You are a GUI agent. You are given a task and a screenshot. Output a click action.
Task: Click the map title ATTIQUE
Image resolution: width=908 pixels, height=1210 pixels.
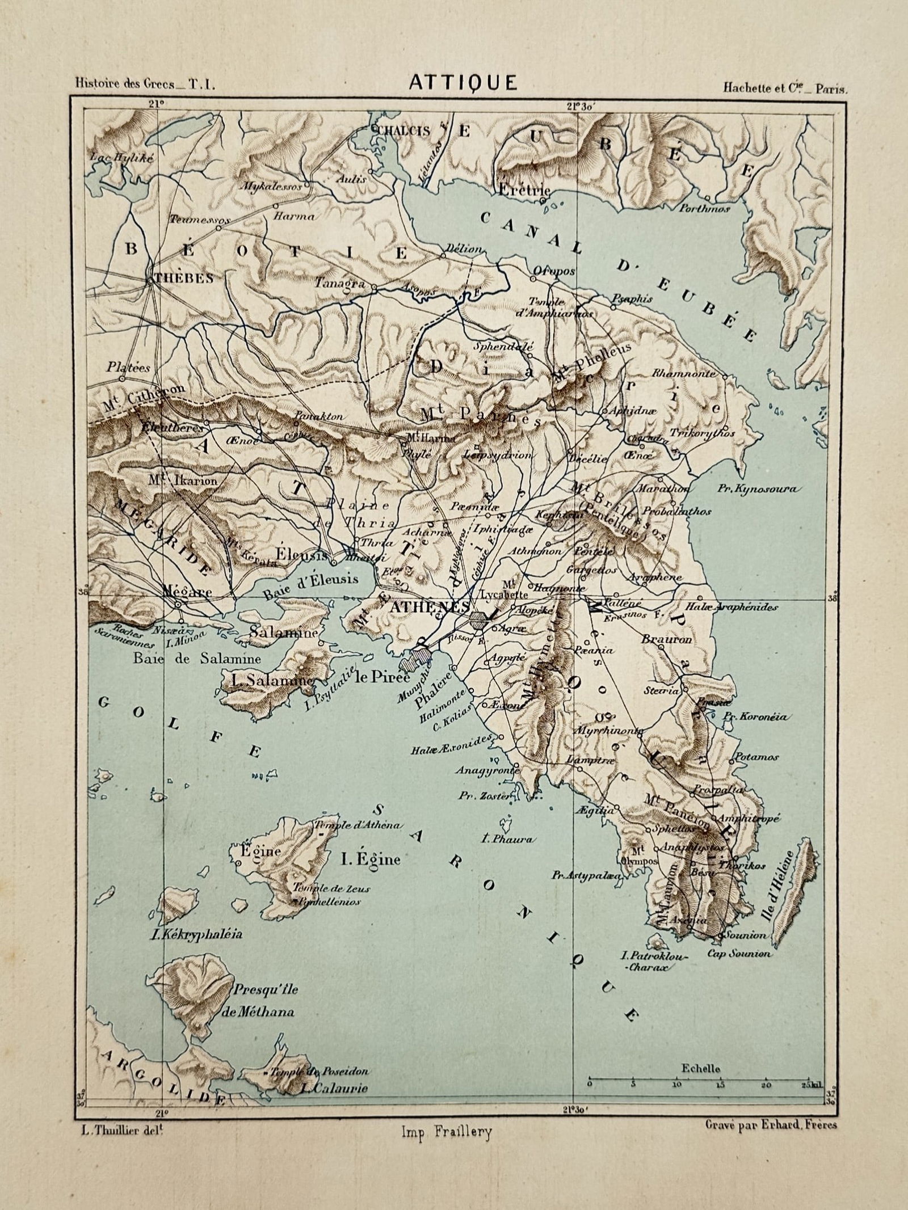(x=463, y=83)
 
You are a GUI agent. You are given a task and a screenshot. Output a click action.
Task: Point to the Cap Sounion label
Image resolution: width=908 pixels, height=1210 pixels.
(x=738, y=954)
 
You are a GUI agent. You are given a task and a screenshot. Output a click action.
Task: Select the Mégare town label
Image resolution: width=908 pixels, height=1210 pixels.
(x=179, y=592)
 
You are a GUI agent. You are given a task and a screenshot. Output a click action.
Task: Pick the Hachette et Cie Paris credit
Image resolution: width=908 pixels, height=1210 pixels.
(x=785, y=88)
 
